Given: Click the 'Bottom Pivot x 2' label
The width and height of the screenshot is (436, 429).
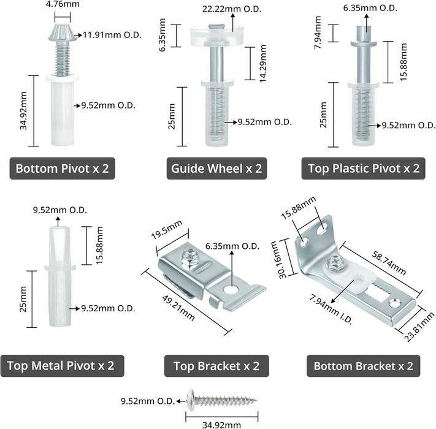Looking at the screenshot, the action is (x=63, y=169).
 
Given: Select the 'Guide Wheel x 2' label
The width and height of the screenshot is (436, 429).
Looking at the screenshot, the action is (x=216, y=169).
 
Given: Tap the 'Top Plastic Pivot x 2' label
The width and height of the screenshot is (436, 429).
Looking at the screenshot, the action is (x=364, y=169).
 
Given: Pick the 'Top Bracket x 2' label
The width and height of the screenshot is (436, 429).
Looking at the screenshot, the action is (x=216, y=366).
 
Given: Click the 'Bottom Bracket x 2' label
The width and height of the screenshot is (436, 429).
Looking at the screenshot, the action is (x=364, y=366).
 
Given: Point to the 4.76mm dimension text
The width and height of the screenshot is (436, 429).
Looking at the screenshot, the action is (x=63, y=4).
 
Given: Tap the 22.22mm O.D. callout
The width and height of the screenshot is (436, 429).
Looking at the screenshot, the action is (x=232, y=9).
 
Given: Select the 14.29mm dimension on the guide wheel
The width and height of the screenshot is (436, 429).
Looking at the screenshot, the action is (x=263, y=64).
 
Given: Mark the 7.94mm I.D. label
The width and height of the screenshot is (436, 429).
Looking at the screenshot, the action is (x=331, y=309).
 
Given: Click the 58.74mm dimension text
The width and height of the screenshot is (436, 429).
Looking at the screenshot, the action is (x=389, y=263).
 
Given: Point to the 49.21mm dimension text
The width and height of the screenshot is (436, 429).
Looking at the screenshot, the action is (x=178, y=308).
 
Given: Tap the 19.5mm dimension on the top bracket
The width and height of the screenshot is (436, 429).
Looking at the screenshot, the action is (x=167, y=229).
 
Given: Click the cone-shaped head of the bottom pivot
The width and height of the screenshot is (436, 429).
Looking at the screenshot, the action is (x=63, y=32).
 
